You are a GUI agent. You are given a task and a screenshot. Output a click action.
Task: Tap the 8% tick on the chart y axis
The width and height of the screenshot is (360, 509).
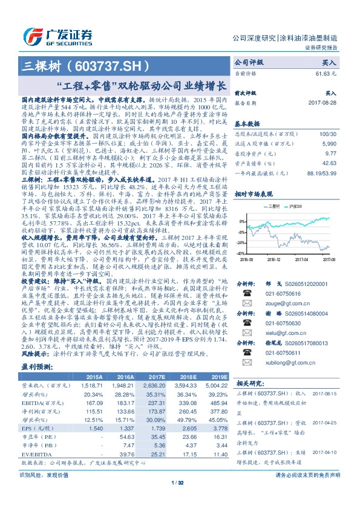(240, 222)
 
